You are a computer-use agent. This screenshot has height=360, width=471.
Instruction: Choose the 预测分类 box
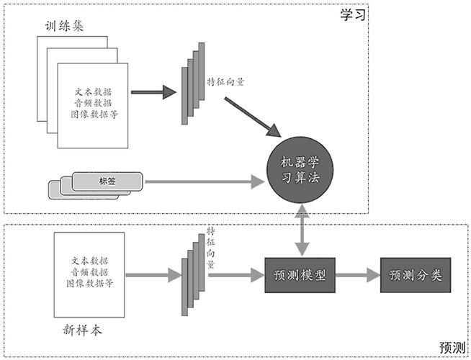[415, 275]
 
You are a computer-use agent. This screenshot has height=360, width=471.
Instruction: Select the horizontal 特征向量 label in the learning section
[225, 81]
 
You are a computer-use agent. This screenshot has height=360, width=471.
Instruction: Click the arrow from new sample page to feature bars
[152, 275]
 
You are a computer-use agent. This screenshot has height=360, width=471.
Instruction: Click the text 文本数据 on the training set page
[93, 92]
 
